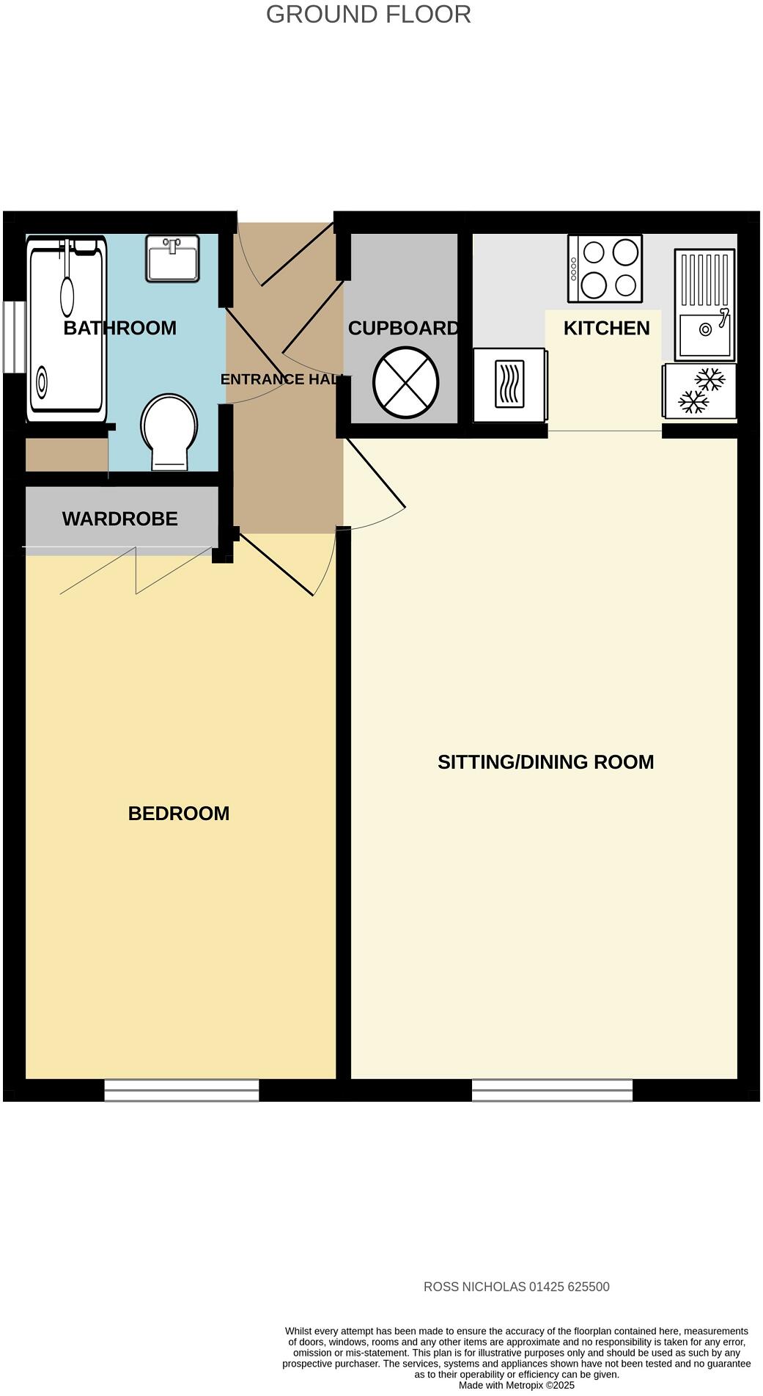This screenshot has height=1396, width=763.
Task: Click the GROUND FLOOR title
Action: point(368,15)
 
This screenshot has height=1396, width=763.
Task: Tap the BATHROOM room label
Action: point(119,328)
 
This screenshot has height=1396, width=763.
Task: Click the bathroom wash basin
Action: point(172,258)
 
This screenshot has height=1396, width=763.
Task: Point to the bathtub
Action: point(66,330)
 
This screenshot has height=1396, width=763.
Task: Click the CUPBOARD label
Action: point(403,328)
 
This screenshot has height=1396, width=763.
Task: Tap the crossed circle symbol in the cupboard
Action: point(405,382)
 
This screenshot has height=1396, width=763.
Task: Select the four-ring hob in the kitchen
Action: point(605,268)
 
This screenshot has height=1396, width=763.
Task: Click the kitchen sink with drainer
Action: point(704,304)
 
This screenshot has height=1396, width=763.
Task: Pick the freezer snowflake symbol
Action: point(700,391)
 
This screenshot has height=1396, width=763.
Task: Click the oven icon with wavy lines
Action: point(509,384)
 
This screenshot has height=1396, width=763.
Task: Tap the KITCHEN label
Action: point(606,328)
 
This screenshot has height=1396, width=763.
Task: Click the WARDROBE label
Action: point(119,519)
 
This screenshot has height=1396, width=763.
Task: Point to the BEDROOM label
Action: point(178,813)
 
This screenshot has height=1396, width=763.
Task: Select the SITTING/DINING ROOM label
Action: point(545,761)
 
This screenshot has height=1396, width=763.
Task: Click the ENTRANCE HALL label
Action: point(281,379)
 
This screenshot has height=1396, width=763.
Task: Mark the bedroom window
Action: point(181,1090)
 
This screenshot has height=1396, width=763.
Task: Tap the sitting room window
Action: point(552,1090)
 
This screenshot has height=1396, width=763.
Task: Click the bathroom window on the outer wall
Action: point(13,337)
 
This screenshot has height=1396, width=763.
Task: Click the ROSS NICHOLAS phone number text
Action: point(516,1287)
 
